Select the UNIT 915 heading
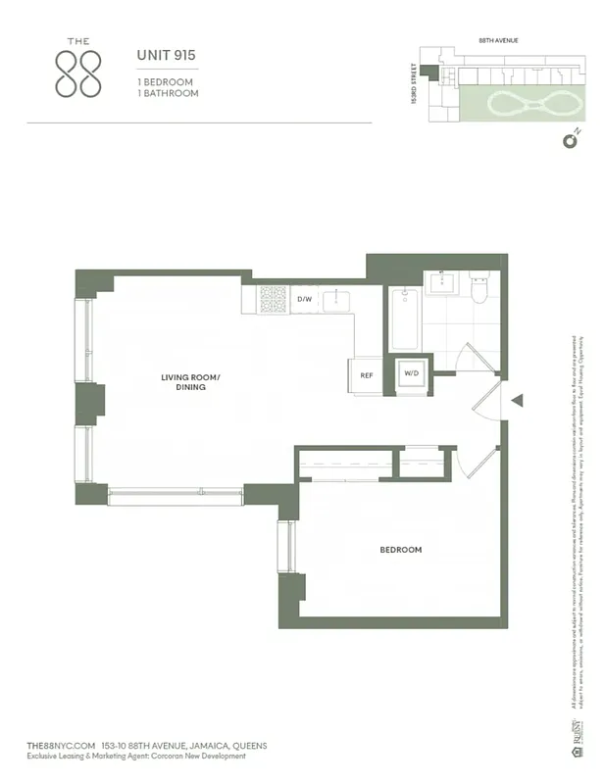166,56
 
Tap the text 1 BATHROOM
168,93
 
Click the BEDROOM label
400,550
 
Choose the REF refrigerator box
367,375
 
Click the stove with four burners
273,299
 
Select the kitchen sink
340,298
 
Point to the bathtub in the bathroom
405,318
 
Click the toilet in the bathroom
479,290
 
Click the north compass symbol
569,140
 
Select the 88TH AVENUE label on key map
497,40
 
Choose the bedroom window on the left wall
286,546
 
